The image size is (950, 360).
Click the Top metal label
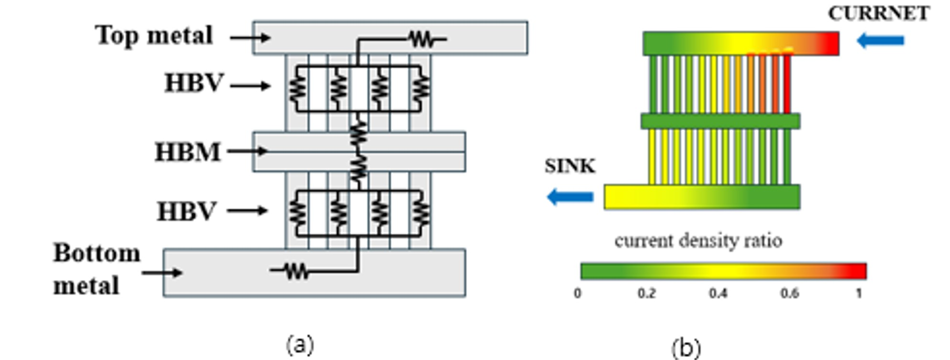[154, 35]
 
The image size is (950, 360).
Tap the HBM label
[188, 152]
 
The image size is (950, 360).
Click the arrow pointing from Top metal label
[250, 37]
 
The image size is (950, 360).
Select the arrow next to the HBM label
[247, 151]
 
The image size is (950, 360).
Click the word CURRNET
[879, 14]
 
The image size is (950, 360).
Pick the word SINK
[570, 166]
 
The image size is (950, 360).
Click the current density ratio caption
[698, 240]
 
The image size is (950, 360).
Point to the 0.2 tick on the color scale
[646, 293]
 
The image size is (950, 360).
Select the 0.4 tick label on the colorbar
[718, 293]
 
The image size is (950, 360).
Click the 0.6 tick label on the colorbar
[789, 293]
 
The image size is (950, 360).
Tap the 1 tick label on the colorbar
[859, 293]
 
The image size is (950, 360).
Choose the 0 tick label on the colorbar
[578, 293]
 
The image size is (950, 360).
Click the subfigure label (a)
[300, 345]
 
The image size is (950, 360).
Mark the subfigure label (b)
[686, 348]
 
